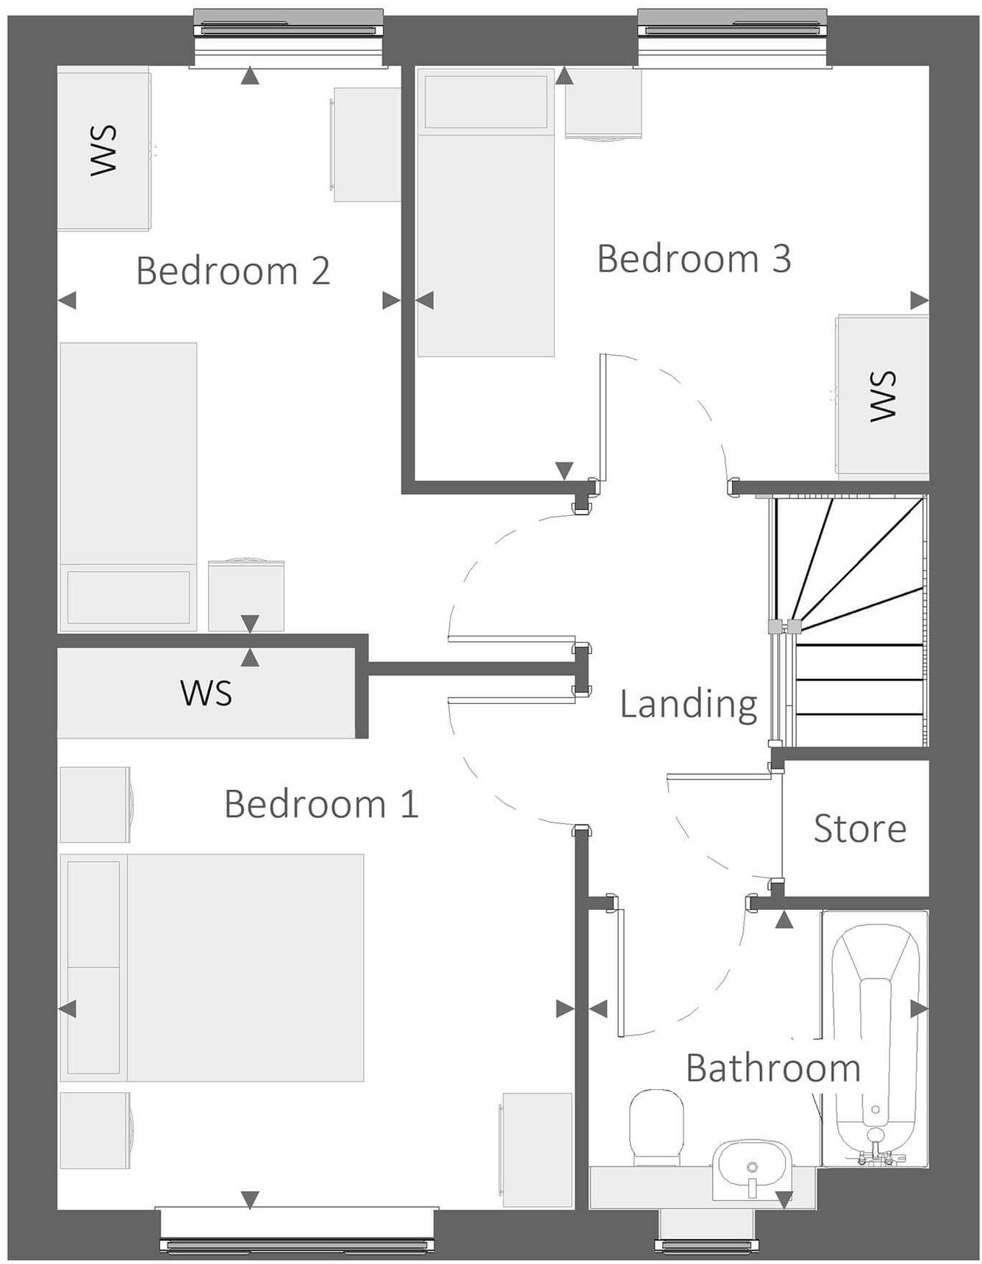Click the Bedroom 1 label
coord(321,803)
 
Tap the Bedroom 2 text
coord(233,270)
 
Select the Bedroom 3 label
coord(694,259)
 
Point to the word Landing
coord(688,704)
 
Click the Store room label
coord(859,829)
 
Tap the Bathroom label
coord(773,1068)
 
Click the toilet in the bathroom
coord(656,1127)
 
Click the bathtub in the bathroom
coord(875,1036)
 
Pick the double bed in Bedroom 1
coord(213,967)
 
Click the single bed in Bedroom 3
coord(486,213)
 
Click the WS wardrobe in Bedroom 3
coord(882,395)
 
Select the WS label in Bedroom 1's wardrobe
coord(207,693)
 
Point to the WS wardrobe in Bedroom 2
coord(104,149)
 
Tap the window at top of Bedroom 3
coord(734,29)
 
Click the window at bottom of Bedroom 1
coord(297,1244)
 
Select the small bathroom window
coord(706,1245)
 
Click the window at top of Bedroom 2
coord(288,29)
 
